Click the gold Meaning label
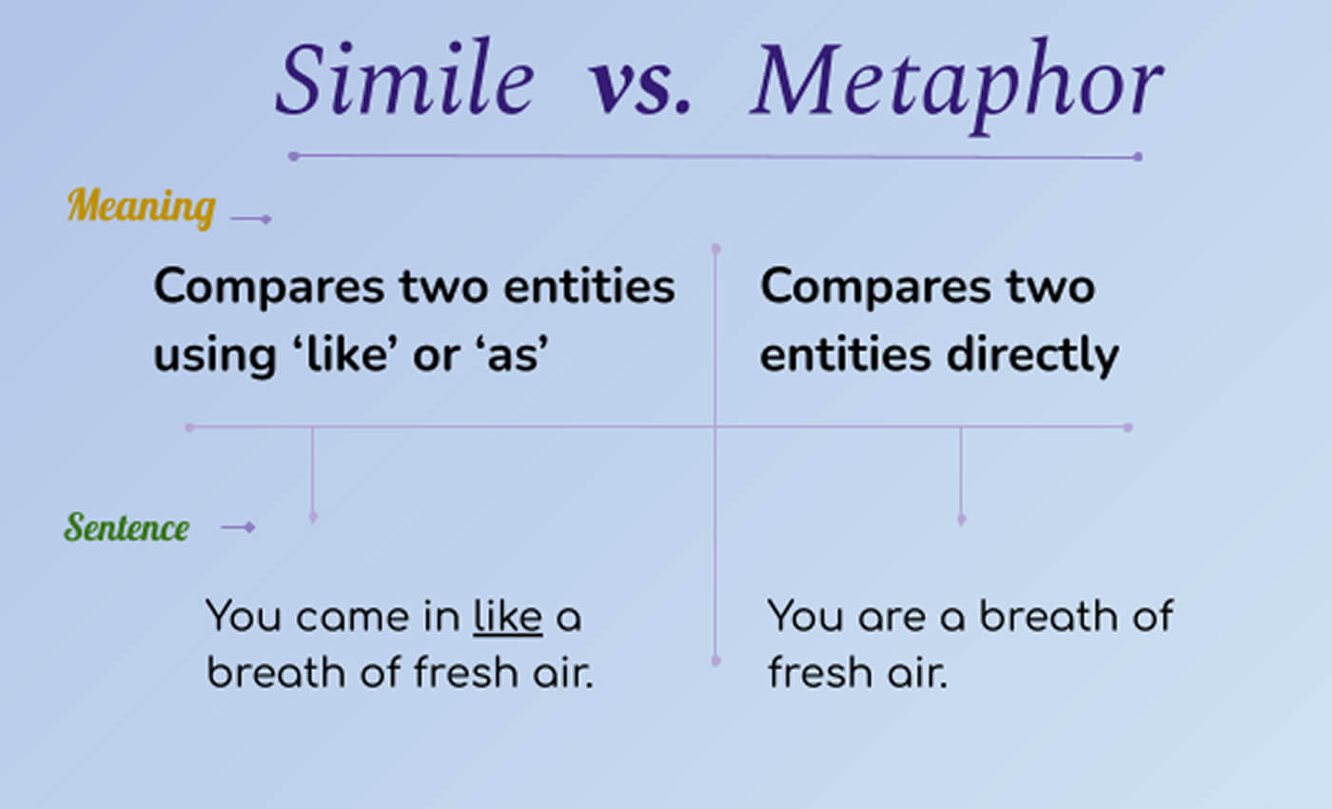(x=142, y=205)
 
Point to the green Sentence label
(x=127, y=527)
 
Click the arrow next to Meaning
(x=251, y=220)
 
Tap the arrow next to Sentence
(x=238, y=527)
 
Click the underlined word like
(x=507, y=617)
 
